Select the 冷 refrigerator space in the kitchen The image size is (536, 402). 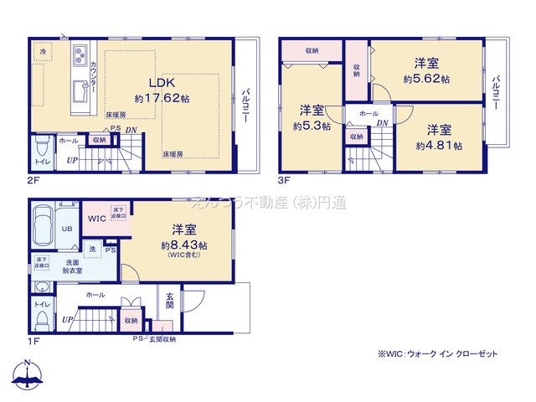coord(42,52)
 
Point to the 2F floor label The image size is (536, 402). coord(34,179)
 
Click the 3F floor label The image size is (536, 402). coord(283,179)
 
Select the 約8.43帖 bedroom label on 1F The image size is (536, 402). coord(184,238)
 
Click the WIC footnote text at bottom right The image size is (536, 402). coord(437,354)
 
